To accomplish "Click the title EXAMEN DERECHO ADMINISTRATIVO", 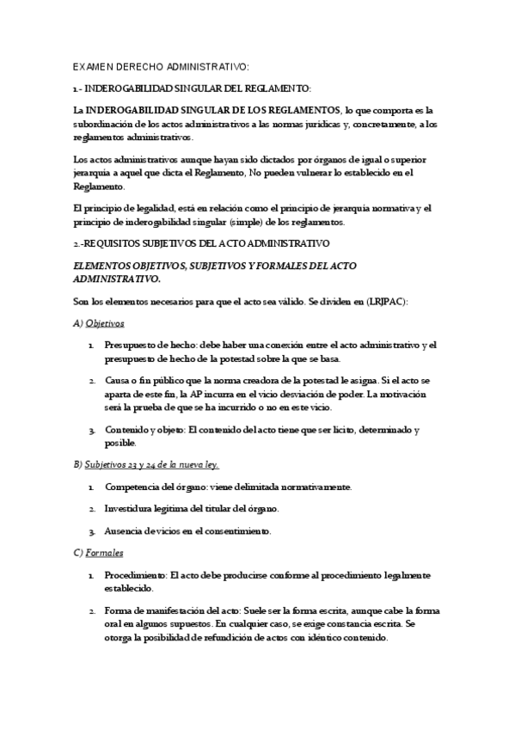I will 161,66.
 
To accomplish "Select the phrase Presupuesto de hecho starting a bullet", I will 147,344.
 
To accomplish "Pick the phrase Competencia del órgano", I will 151,487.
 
